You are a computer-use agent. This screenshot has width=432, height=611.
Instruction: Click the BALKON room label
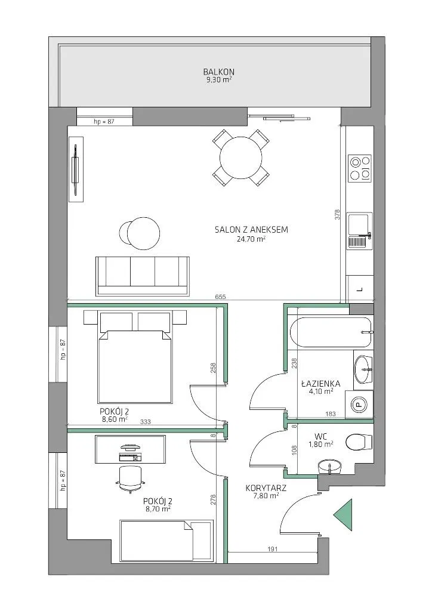click(218, 72)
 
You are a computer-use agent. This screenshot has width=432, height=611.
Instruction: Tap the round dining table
click(240, 158)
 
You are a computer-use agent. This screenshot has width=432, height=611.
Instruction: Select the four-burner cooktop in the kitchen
click(360, 168)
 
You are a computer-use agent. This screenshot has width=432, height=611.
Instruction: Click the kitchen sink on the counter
click(360, 231)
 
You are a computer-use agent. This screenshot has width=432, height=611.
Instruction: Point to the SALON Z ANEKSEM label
click(251, 230)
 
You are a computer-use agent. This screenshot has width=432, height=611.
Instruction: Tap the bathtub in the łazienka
click(331, 332)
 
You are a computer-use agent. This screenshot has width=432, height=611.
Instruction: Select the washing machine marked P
click(359, 405)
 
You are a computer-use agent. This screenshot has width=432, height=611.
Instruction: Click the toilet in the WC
click(359, 442)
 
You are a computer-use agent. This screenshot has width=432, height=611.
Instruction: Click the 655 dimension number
click(220, 297)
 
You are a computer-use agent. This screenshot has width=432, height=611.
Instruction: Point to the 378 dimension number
click(338, 215)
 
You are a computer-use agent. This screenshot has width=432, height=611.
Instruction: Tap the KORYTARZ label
click(266, 488)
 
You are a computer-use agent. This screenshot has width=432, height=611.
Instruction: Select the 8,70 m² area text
click(158, 509)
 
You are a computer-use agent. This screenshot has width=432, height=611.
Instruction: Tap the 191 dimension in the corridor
click(273, 550)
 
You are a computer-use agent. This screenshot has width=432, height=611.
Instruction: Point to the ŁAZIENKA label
click(320, 384)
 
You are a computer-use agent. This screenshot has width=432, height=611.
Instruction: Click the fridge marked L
click(360, 289)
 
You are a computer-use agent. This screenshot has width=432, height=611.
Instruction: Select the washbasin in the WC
click(330, 467)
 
